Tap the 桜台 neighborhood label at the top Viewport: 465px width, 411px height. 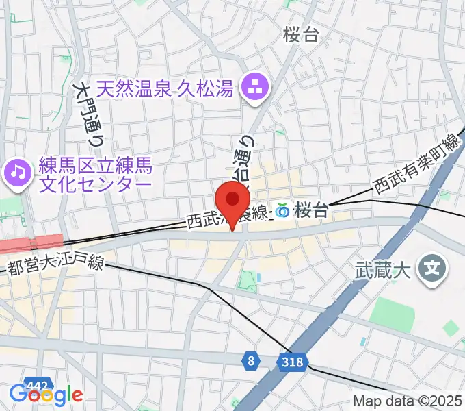(301, 36)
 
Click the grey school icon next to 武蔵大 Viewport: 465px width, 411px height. (432, 266)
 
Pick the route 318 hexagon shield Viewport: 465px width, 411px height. (290, 360)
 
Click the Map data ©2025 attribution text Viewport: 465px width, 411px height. (408, 402)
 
